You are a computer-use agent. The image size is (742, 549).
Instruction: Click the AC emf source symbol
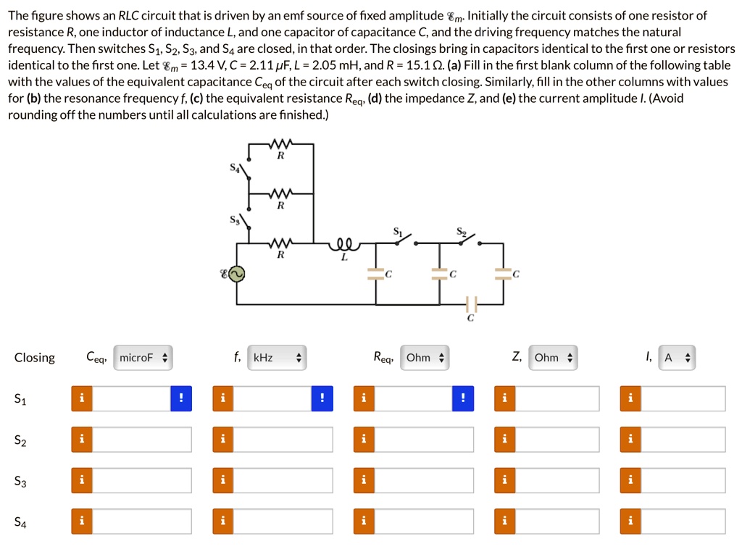(x=237, y=274)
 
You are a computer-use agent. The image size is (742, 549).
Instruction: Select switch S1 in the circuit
(x=401, y=240)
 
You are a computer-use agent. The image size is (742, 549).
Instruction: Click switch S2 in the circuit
(x=465, y=240)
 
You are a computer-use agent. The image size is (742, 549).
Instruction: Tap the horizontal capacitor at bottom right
(x=471, y=303)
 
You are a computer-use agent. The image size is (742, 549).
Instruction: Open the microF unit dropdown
(x=143, y=358)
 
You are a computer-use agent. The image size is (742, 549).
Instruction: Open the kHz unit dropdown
(x=276, y=358)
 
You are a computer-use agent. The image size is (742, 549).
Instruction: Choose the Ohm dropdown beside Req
(x=425, y=358)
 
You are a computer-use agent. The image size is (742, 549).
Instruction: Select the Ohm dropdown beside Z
(x=553, y=358)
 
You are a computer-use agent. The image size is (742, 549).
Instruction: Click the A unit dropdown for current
(x=677, y=358)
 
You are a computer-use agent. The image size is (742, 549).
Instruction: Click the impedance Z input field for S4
(x=557, y=521)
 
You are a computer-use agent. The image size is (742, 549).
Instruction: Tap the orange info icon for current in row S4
(x=631, y=521)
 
